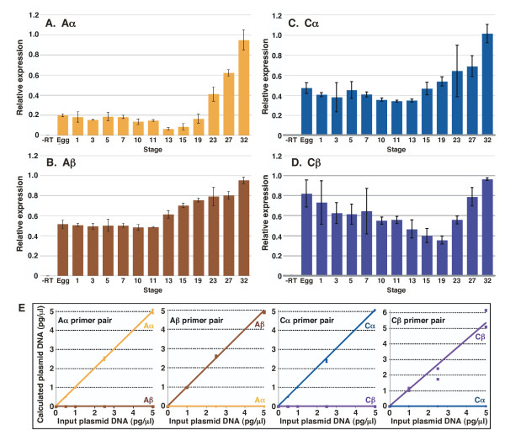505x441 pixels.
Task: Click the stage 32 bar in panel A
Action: [245, 88]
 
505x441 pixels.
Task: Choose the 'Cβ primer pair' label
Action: [422, 321]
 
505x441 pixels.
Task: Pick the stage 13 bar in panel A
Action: [166, 131]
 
